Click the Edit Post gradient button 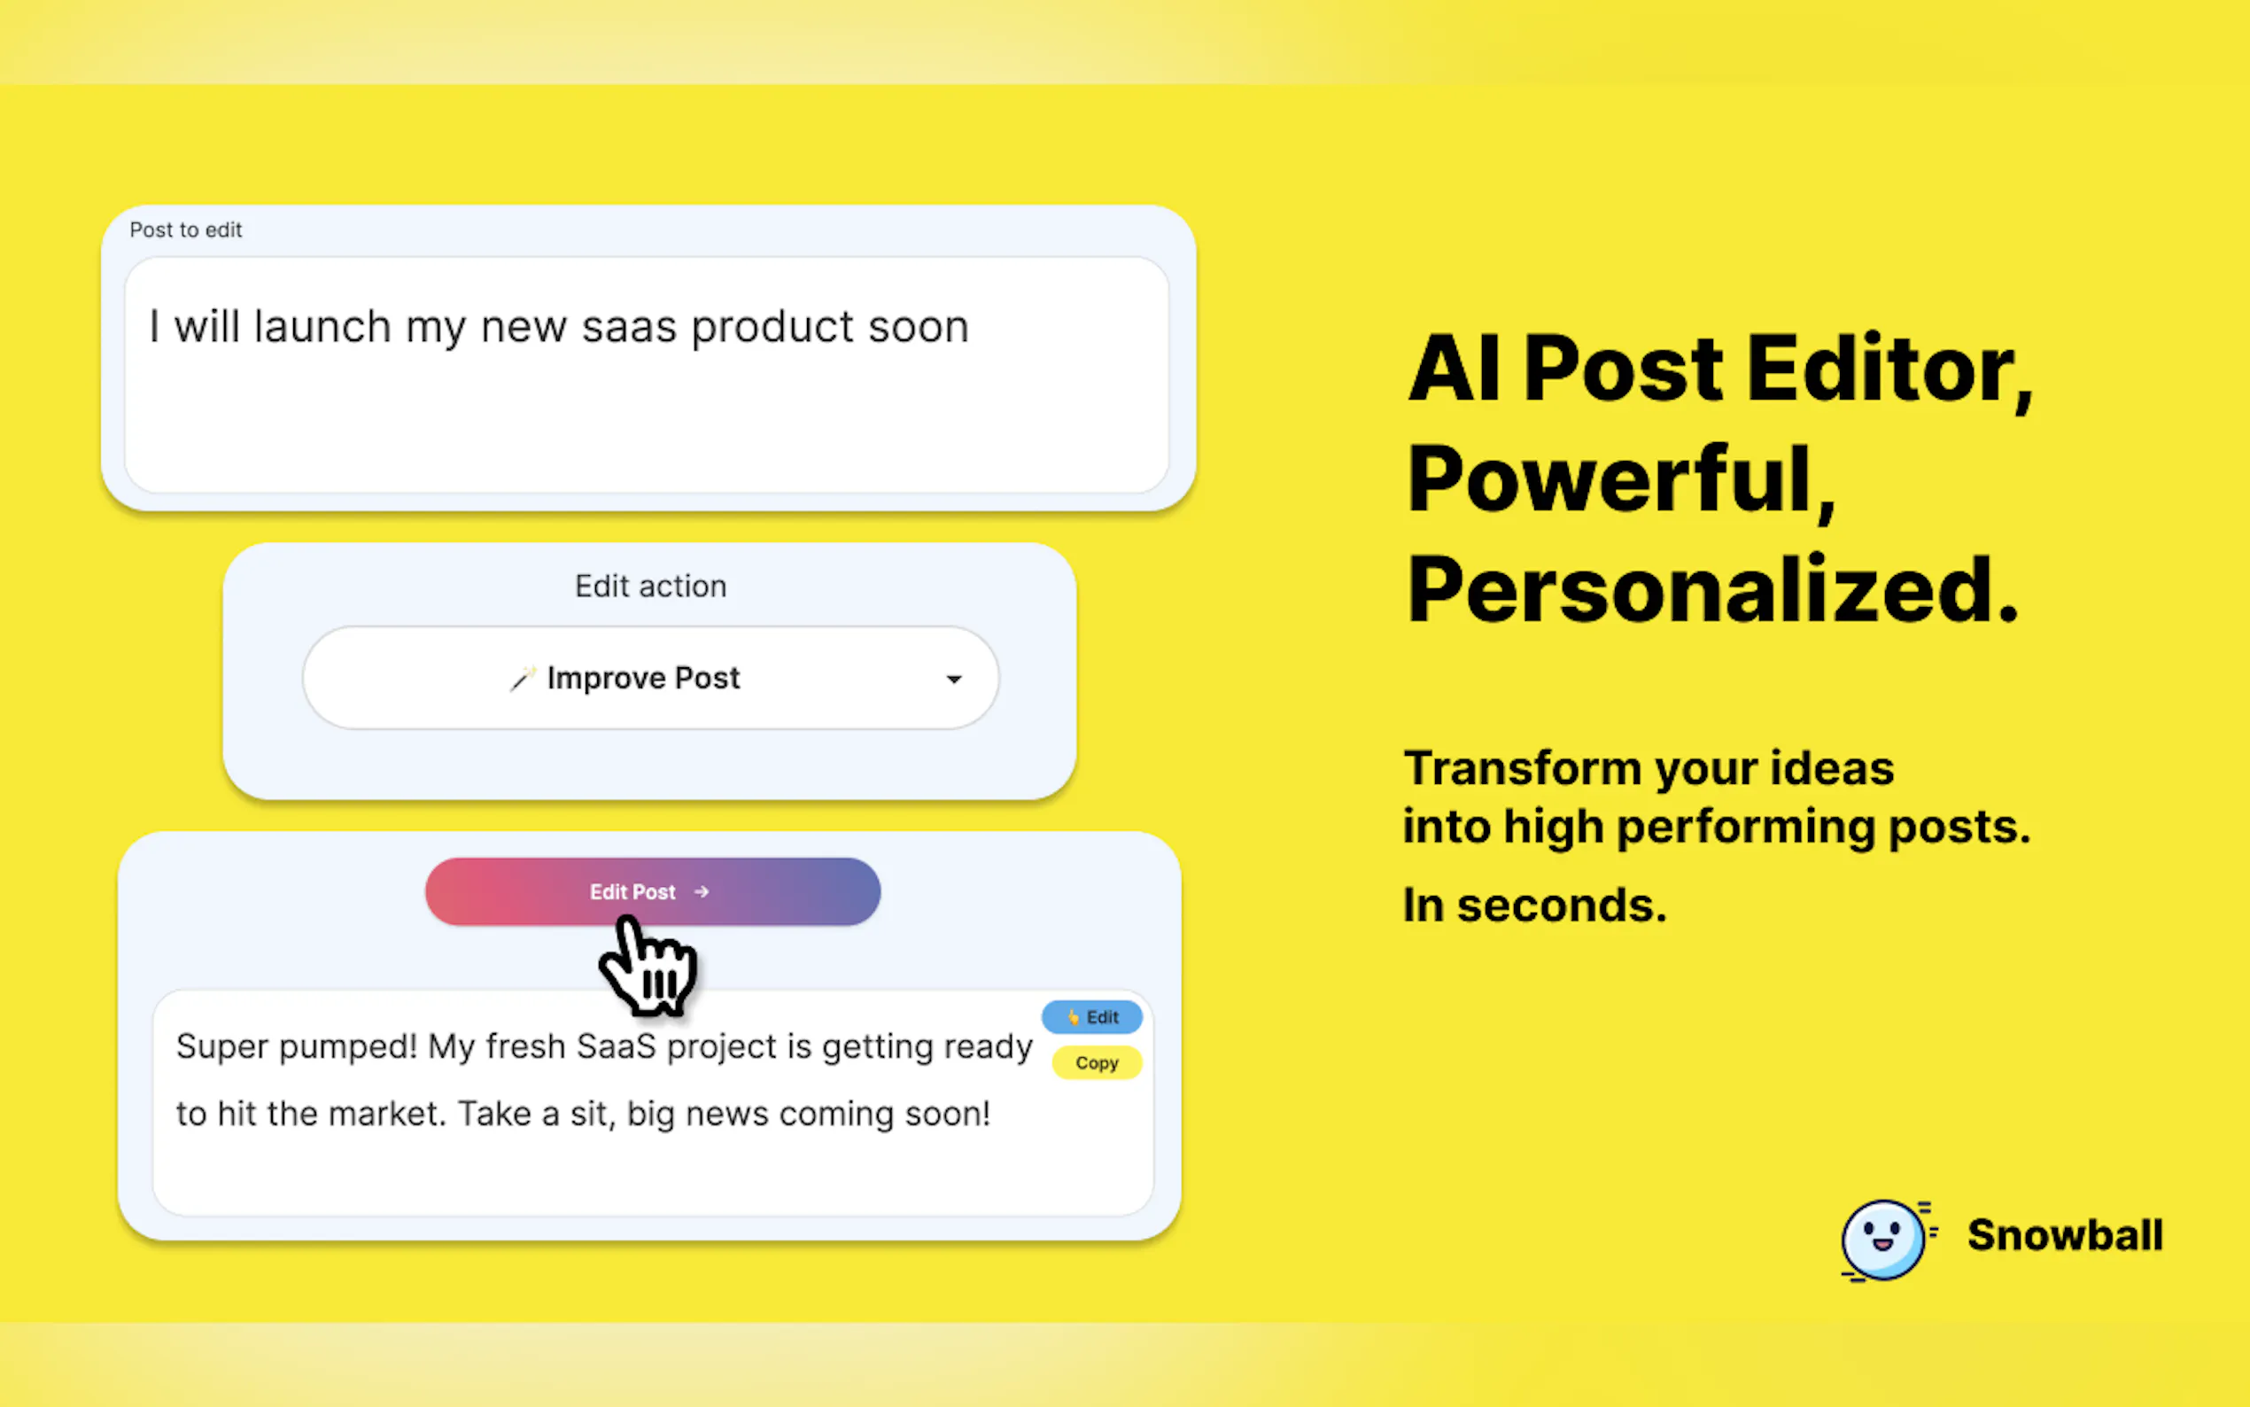click(x=652, y=891)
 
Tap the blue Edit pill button click(x=1092, y=1017)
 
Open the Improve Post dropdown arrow click(x=953, y=680)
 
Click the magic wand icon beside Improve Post click(x=523, y=680)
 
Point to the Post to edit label click(x=185, y=229)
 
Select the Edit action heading click(x=650, y=587)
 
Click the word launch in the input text click(x=322, y=327)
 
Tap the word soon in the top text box click(x=918, y=328)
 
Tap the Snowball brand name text click(x=2065, y=1236)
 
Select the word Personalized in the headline click(x=1711, y=589)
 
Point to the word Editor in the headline click(x=1889, y=371)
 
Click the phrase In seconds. click(x=1535, y=905)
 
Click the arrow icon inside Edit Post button click(x=702, y=891)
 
